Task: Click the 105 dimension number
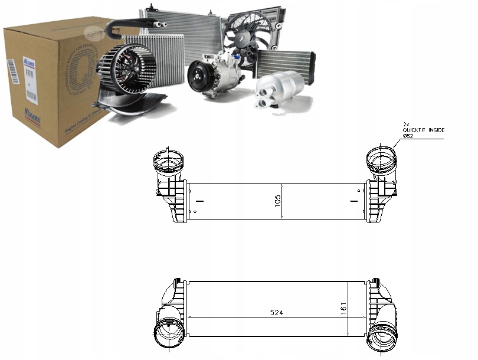[277, 201]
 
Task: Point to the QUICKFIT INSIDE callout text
[423, 130]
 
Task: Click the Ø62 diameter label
[410, 136]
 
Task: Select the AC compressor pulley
[199, 77]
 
